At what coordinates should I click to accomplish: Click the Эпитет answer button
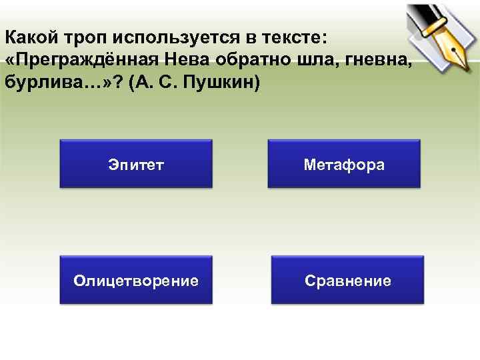pyautogui.click(x=136, y=164)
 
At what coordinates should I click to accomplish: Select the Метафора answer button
pyautogui.click(x=344, y=164)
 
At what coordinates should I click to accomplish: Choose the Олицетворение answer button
pyautogui.click(x=136, y=281)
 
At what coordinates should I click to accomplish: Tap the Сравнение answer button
pyautogui.click(x=348, y=281)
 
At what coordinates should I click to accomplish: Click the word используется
pyautogui.click(x=164, y=36)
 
